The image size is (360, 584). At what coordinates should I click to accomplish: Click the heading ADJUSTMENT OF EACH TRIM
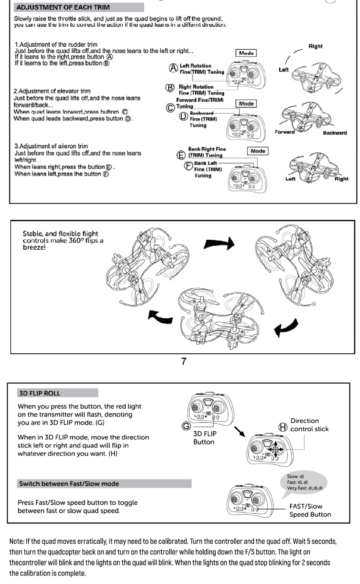[x=61, y=7]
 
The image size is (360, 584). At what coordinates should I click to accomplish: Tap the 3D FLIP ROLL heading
[x=39, y=393]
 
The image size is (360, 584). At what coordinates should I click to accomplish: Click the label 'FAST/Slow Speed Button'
[x=310, y=510]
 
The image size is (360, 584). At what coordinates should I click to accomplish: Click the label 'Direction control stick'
[x=309, y=425]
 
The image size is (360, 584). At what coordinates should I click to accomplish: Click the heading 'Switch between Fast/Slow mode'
[x=68, y=483]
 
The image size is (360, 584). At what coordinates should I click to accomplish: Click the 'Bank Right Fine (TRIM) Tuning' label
[x=205, y=152]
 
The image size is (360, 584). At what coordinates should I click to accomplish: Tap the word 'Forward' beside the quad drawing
[x=285, y=132]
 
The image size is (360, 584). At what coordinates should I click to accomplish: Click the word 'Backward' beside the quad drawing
[x=334, y=133]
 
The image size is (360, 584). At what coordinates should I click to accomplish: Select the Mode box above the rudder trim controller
[x=246, y=52]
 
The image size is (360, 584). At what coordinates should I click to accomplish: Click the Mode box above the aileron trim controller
[x=258, y=151]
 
